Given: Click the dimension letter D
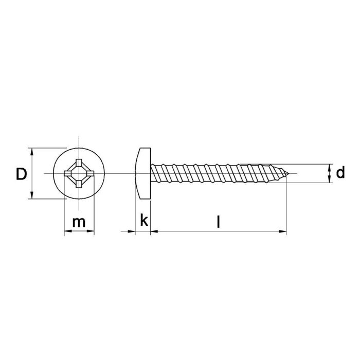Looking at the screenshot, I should (x=21, y=174).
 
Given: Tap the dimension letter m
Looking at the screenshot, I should (x=79, y=222).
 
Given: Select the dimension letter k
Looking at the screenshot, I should (x=144, y=221).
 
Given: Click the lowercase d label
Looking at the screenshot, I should (x=340, y=174).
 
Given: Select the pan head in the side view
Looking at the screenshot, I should (x=142, y=174).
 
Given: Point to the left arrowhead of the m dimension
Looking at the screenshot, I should (x=66, y=232).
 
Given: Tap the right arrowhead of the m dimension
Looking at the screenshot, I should (x=93, y=232).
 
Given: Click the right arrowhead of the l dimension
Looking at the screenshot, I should (x=283, y=232).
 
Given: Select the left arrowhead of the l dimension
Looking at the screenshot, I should (x=154, y=232).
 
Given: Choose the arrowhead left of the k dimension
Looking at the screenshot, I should (x=132, y=232).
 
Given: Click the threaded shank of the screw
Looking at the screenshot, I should (x=216, y=174).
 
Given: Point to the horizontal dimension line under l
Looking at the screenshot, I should (x=219, y=232).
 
